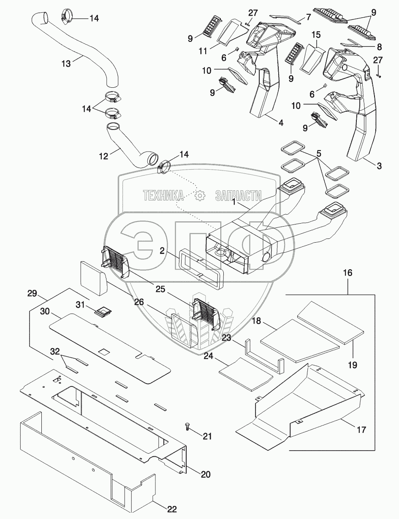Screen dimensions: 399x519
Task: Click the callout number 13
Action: pyautogui.click(x=66, y=64)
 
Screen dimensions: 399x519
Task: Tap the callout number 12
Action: pyautogui.click(x=104, y=157)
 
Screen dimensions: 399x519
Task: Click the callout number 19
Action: pyautogui.click(x=353, y=365)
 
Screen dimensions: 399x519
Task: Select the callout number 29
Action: pyautogui.click(x=32, y=293)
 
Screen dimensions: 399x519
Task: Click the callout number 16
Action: pyautogui.click(x=348, y=273)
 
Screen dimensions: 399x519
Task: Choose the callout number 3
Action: pyautogui.click(x=379, y=166)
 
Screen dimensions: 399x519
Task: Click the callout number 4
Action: pyautogui.click(x=281, y=123)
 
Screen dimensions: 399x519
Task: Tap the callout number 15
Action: pyautogui.click(x=316, y=35)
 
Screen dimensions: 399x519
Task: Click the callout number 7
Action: pyautogui.click(x=308, y=17)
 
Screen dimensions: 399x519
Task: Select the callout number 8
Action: pyautogui.click(x=379, y=47)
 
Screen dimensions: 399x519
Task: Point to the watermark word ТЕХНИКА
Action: pyautogui.click(x=164, y=196)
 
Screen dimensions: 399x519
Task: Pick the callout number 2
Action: pyautogui.click(x=162, y=251)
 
